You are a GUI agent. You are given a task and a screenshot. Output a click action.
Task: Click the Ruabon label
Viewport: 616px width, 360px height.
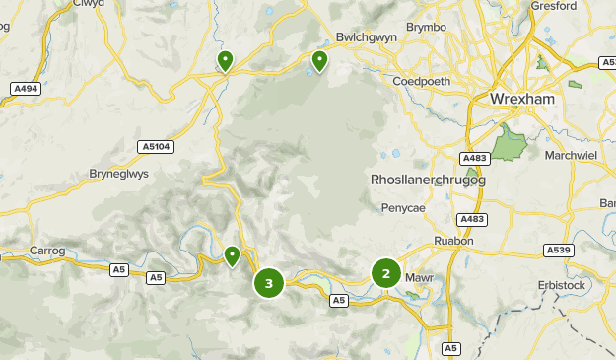[x=454, y=240]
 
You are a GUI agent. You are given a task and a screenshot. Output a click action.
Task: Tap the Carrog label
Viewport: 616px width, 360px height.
[x=47, y=251]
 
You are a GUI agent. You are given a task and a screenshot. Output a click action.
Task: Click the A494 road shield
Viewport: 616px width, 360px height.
[x=26, y=89]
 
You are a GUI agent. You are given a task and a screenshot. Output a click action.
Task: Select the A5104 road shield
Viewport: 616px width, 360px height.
[x=156, y=147]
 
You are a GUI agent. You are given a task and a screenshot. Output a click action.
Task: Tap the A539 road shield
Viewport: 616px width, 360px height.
[x=559, y=252]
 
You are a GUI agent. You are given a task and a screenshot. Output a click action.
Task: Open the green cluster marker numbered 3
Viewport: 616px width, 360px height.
[x=268, y=284]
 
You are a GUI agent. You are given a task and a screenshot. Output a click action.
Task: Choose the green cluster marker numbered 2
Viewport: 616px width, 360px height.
[x=385, y=274]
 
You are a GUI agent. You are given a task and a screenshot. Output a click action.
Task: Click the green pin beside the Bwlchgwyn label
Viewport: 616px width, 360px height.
[x=319, y=61]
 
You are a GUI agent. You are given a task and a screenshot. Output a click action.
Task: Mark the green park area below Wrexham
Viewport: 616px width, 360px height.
[x=509, y=144]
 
